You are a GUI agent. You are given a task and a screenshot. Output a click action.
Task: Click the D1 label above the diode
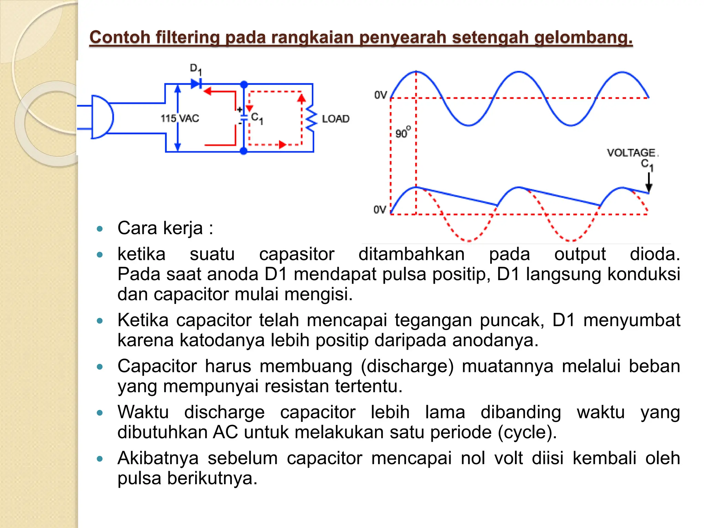(x=196, y=69)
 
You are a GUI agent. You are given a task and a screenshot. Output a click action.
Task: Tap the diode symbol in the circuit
(x=196, y=84)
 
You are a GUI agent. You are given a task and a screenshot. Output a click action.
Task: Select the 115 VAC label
(x=180, y=119)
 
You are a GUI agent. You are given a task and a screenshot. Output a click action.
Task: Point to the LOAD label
(x=335, y=119)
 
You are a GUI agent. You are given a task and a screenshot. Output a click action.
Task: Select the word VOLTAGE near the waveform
(x=631, y=153)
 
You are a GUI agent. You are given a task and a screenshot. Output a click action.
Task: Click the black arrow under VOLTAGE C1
(x=649, y=182)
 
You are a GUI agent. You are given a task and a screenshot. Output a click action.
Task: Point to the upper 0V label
(x=381, y=95)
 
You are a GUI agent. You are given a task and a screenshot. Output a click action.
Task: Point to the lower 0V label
(x=380, y=209)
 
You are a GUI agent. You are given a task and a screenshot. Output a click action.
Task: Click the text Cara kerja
(x=165, y=228)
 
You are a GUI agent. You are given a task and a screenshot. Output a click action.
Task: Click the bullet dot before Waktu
(x=100, y=412)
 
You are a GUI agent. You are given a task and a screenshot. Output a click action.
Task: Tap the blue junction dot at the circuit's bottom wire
(x=243, y=151)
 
